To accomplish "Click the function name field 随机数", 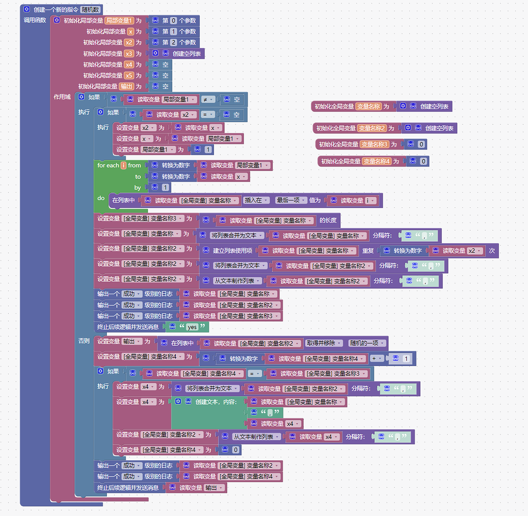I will pos(91,9).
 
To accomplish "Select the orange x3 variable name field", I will pos(129,54).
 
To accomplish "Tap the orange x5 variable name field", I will pos(129,75).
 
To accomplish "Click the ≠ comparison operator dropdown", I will pos(208,99).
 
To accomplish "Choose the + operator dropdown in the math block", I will pos(377,359).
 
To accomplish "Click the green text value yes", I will pos(192,327).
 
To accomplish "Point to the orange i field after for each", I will pos(124,165).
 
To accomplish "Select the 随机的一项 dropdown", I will pos(367,343).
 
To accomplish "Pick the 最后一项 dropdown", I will pos(291,201).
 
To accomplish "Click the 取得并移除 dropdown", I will pos(323,343).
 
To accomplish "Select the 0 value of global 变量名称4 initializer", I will pos(423,161).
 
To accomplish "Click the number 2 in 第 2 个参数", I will pos(174,43).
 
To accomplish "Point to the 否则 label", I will pos(84,341).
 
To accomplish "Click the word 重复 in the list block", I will pos(368,251).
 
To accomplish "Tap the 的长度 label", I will pos(328,221).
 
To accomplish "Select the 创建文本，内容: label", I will pos(215,402).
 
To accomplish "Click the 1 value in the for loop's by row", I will pos(165,188).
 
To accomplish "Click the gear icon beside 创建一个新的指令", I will pos(27,9).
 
